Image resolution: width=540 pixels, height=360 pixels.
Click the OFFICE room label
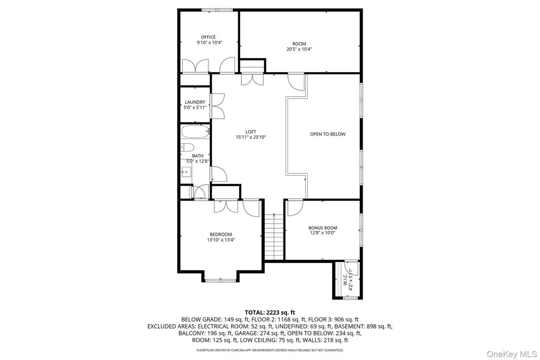point(208,37)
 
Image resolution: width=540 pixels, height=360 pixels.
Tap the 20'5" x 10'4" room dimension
point(299,49)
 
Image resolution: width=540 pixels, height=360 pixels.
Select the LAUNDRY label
point(195,102)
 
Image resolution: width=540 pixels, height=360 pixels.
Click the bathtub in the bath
point(195,133)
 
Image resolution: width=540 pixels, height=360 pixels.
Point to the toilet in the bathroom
point(187,147)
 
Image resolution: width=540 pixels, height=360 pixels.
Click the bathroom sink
point(186,171)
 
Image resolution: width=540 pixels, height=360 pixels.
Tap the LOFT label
point(251,132)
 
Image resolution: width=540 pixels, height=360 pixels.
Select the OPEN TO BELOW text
point(328,134)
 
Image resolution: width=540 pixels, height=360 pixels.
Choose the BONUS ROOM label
point(322,227)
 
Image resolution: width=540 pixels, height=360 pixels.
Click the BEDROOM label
point(221,234)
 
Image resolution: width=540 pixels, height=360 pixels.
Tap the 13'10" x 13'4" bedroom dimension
point(221,240)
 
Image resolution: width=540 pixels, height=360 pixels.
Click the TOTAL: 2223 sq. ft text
point(270,312)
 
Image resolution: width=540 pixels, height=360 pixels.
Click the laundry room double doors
point(218,106)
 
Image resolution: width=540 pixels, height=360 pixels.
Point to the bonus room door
point(295,207)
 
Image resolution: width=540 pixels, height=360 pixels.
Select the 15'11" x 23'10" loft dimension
point(251,137)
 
